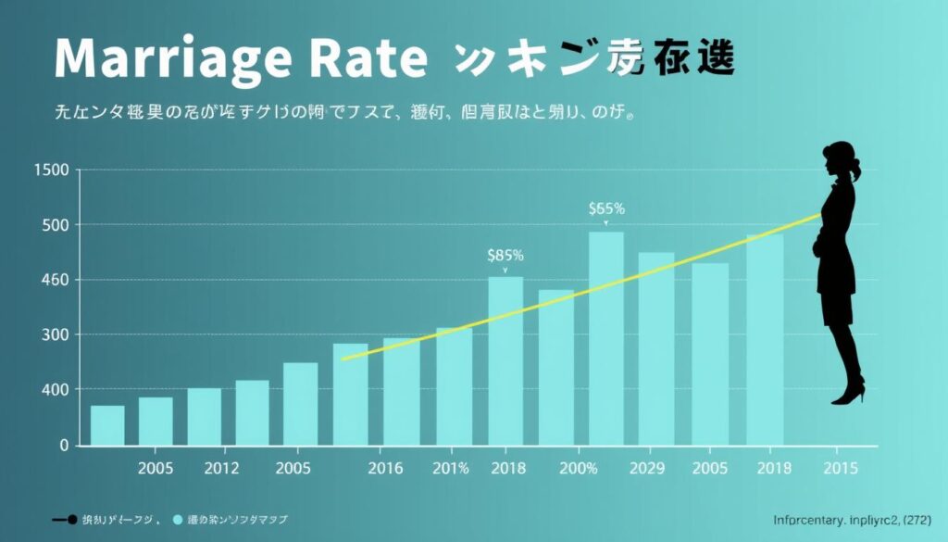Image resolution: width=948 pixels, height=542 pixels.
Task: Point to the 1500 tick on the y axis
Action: (x=51, y=170)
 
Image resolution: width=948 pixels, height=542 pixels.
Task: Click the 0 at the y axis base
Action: (x=64, y=445)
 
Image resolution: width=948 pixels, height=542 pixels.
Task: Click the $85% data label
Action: (x=505, y=254)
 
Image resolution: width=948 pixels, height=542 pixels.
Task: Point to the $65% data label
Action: (x=606, y=209)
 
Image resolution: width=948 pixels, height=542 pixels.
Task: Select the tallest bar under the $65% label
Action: (x=606, y=338)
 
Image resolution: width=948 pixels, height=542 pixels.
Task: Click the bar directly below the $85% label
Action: (x=505, y=361)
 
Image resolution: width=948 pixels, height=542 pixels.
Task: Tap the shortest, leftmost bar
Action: (x=107, y=425)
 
